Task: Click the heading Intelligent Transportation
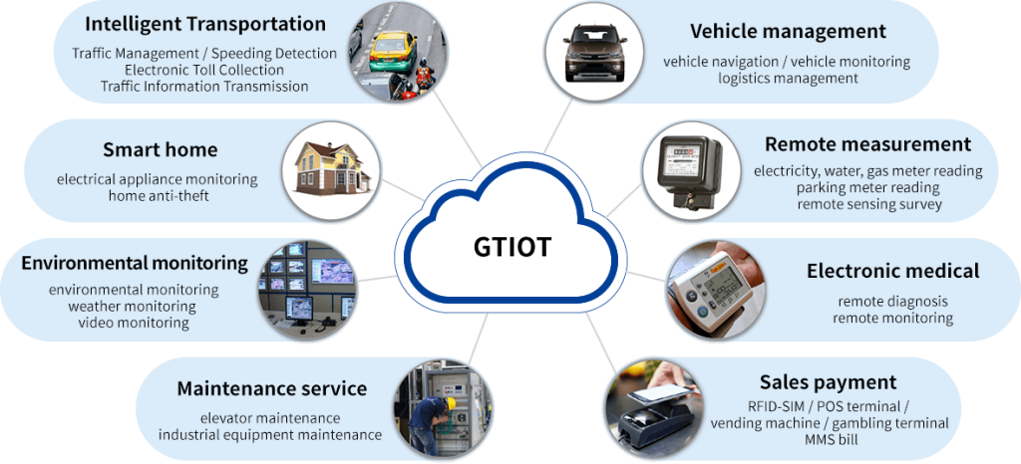pyautogui.click(x=205, y=24)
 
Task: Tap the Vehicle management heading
pyautogui.click(x=788, y=32)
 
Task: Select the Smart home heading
pyautogui.click(x=160, y=150)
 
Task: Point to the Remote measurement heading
pyautogui.click(x=866, y=144)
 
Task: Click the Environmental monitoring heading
pyautogui.click(x=135, y=264)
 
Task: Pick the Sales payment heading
pyautogui.click(x=828, y=382)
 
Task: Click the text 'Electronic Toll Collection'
pyautogui.click(x=204, y=70)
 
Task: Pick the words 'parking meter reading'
pyautogui.click(x=867, y=187)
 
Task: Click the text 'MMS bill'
pyautogui.click(x=827, y=438)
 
